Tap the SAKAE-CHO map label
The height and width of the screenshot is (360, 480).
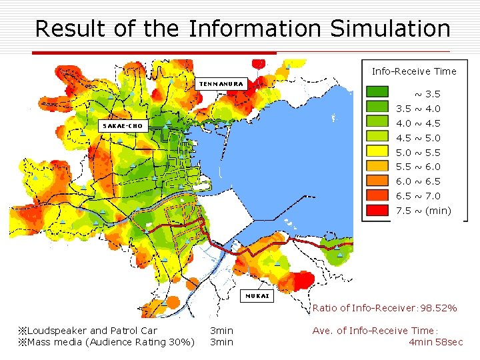[x=123, y=125]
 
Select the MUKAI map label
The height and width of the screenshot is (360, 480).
[x=257, y=296]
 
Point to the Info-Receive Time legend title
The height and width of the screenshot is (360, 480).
[x=414, y=71]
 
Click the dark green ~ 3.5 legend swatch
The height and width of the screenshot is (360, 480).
[x=378, y=93]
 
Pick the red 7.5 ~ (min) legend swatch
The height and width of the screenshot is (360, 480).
[x=378, y=211]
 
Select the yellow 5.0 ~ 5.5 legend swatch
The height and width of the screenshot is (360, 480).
[x=378, y=152]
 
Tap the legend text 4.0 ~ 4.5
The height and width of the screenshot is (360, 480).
[x=418, y=123]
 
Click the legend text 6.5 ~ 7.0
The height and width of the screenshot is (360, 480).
[x=418, y=196]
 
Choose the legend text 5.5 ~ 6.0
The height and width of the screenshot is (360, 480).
[x=418, y=167]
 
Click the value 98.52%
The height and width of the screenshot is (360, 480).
[x=437, y=308]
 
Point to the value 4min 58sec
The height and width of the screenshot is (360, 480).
[x=436, y=342]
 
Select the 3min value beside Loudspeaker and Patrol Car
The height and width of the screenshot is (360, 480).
[x=221, y=331]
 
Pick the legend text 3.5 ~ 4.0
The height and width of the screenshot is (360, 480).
[x=418, y=109]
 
